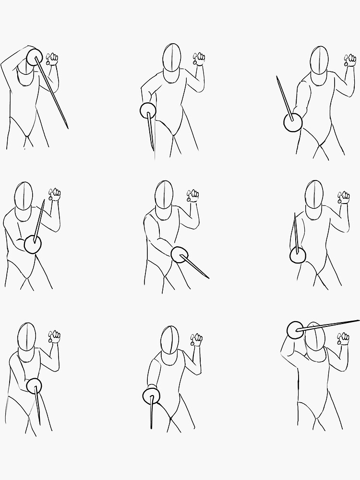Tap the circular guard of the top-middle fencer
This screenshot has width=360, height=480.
(147, 111)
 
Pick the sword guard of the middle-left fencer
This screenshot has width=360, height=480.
(33, 244)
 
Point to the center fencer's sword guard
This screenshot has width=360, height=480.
(180, 255)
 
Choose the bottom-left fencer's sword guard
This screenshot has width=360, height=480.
(34, 385)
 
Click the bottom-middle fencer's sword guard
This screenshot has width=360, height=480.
(151, 396)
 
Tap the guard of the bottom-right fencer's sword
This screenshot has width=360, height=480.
(296, 329)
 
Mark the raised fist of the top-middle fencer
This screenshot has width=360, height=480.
(199, 59)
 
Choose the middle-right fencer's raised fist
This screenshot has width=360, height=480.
(343, 197)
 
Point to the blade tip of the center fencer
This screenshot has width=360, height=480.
(208, 277)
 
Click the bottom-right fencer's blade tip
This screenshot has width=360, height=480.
(359, 320)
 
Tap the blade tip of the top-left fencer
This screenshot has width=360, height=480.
(67, 128)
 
